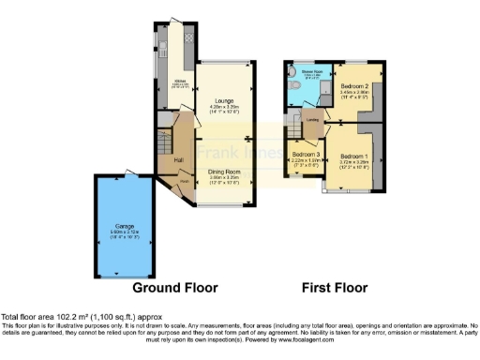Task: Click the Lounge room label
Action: point(223,99)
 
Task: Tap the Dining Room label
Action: point(224,172)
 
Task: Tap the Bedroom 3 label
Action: point(305,154)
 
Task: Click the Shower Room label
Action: point(311,70)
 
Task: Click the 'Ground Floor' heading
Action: point(175,287)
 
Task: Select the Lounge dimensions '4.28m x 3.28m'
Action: point(223,107)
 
